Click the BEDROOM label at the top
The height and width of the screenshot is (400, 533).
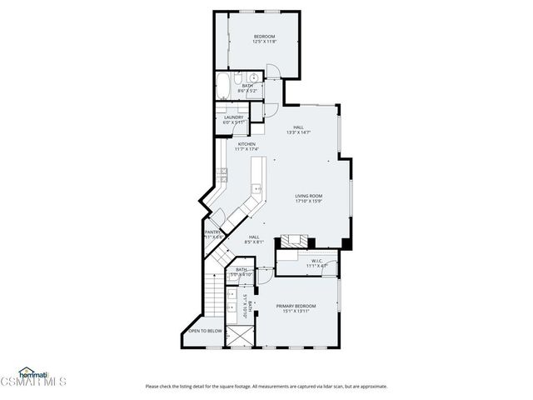point(264,37)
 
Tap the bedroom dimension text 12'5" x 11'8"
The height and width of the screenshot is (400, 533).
point(264,42)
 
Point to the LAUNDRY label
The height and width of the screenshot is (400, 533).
point(234,117)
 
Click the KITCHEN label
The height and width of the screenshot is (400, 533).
point(247,144)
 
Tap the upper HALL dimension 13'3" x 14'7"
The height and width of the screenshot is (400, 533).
point(298,132)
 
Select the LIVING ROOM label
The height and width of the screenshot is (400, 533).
point(308,196)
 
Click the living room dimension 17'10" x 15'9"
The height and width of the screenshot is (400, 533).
point(308,202)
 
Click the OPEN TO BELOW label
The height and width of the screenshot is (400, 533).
point(204,331)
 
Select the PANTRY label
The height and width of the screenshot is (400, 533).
point(213,232)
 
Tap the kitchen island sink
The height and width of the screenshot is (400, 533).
point(257,189)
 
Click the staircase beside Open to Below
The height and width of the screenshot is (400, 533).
point(215,296)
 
